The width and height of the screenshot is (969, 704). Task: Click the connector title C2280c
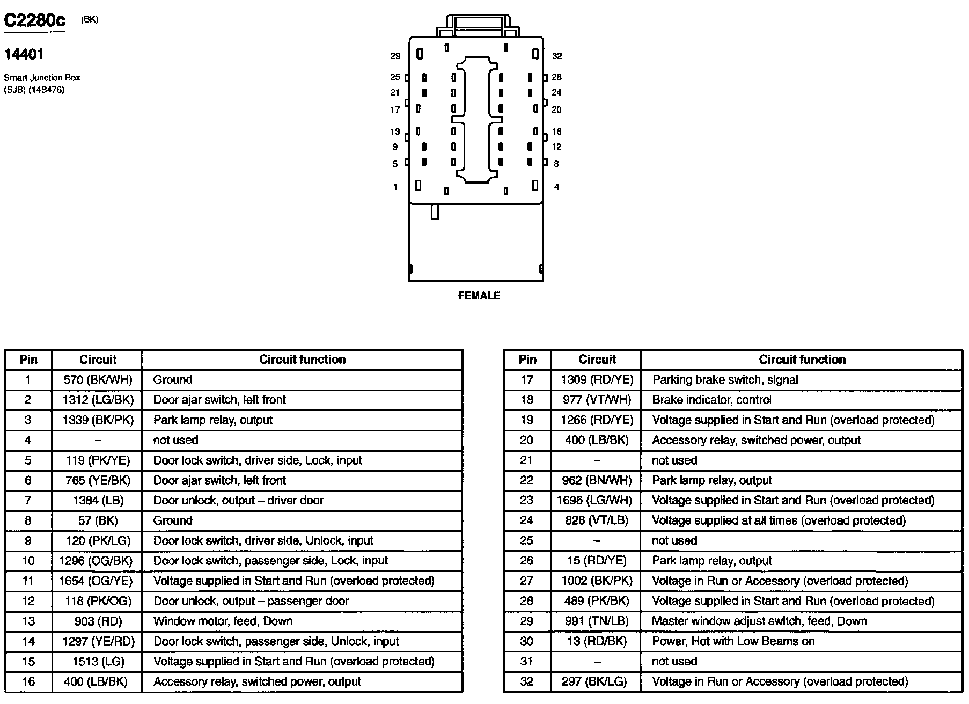point(35,20)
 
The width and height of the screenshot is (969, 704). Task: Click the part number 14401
point(24,54)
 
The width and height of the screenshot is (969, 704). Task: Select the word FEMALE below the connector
point(479,296)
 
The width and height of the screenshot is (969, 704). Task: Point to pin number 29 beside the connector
point(395,56)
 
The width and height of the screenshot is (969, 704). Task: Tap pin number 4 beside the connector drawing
point(556,187)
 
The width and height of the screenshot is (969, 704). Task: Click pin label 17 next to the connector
point(395,109)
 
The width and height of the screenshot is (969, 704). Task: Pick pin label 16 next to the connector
point(556,131)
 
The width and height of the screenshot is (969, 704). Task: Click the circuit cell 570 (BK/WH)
point(98,380)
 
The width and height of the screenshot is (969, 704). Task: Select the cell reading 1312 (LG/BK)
point(98,400)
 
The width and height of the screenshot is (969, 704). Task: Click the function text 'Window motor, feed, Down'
point(223,621)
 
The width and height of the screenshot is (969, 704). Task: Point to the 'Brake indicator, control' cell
point(712,400)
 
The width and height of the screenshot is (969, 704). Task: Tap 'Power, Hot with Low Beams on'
point(733,641)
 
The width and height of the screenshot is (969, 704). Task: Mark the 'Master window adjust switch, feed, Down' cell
point(759,621)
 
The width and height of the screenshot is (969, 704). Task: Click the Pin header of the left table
point(28,360)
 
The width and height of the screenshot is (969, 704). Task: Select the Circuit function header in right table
point(802,360)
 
